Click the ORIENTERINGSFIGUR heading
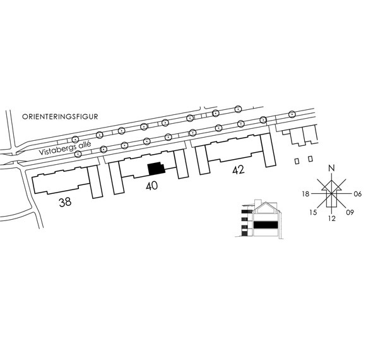(60, 117)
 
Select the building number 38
(65, 202)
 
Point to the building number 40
(151, 186)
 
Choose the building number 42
(239, 170)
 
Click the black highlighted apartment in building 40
(156, 168)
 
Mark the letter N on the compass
(331, 168)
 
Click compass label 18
(305, 194)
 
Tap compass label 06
(357, 194)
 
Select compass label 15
(313, 212)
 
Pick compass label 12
(332, 219)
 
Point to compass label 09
(350, 212)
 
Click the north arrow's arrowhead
(331, 185)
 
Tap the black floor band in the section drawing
(266, 225)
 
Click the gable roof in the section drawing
(266, 207)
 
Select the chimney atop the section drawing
(257, 203)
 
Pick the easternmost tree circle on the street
(292, 114)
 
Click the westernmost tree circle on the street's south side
(78, 154)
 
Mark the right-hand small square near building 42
(310, 159)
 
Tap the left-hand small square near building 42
(297, 161)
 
